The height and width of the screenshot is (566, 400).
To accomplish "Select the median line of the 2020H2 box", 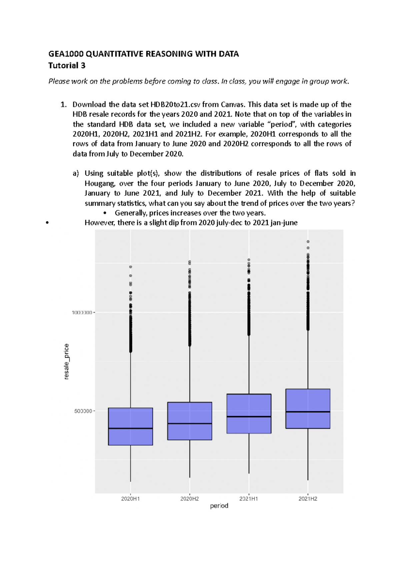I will pyautogui.click(x=190, y=423).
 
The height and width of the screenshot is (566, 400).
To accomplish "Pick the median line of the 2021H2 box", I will pyautogui.click(x=308, y=412).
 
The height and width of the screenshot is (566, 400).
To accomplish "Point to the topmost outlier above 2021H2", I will pyautogui.click(x=308, y=242).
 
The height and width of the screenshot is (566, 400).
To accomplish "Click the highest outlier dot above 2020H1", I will pyautogui.click(x=131, y=267).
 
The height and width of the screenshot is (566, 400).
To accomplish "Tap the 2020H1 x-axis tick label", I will pyautogui.click(x=130, y=499).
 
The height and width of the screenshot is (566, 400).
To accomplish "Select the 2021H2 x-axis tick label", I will pyautogui.click(x=308, y=499).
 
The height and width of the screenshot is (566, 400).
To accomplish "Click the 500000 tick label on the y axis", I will pyautogui.click(x=83, y=411).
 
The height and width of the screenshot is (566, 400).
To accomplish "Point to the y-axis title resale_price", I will pyautogui.click(x=66, y=361).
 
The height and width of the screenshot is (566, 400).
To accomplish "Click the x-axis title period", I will pyautogui.click(x=219, y=506).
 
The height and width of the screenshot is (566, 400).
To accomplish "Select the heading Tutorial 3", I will pyautogui.click(x=67, y=65).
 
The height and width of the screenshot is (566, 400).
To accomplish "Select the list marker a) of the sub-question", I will pyautogui.click(x=76, y=173).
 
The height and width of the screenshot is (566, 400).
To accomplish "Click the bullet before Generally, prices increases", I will pyautogui.click(x=105, y=213).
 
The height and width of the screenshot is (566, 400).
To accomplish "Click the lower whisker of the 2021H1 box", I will pyautogui.click(x=249, y=453).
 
